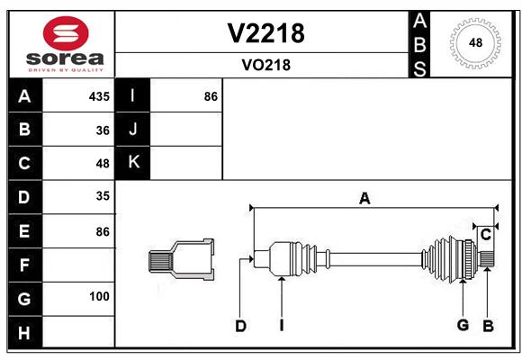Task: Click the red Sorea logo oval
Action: tap(66, 33)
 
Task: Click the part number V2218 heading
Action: tap(265, 33)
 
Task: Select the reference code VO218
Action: tap(266, 65)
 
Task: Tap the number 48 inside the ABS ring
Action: tap(475, 42)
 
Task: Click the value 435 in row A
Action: tap(99, 96)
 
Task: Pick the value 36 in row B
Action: tap(103, 130)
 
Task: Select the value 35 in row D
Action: tap(103, 196)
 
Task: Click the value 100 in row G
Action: tap(99, 296)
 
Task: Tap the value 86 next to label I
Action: tap(211, 96)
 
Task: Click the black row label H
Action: tap(25, 332)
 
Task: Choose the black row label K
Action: tap(133, 163)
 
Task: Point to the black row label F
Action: tap(25, 265)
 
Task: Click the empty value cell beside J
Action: tap(186, 129)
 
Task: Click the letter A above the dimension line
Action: tap(364, 199)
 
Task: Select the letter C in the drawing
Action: tap(486, 235)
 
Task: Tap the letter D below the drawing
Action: tap(240, 326)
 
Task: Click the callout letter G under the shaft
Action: tap(463, 325)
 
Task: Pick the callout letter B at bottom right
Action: tap(488, 326)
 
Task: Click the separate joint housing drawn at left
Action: tap(181, 259)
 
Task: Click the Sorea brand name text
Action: tap(65, 58)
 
